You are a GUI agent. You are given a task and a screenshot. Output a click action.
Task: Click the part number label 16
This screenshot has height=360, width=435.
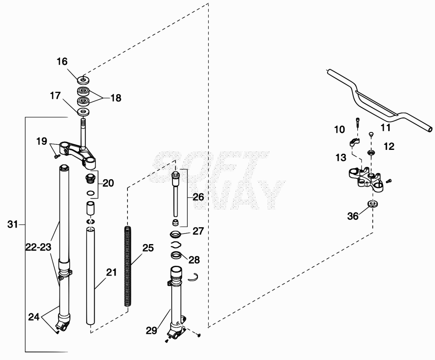62,61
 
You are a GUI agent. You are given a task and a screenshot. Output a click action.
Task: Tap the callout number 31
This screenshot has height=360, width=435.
12,224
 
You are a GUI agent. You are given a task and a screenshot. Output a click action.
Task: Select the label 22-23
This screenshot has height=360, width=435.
39,247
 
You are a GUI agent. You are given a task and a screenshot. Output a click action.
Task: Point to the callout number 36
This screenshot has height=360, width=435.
353,216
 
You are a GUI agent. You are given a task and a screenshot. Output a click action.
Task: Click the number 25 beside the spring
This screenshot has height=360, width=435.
148,247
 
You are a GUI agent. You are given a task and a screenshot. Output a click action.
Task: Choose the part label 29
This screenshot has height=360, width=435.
152,330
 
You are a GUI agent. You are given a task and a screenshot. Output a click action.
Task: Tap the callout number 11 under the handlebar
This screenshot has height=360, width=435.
386,128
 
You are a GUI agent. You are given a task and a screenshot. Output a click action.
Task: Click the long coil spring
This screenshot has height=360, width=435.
127,266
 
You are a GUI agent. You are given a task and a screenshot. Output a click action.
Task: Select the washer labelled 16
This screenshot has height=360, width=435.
83,80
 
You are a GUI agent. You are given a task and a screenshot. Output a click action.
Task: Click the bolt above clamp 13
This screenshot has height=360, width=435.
358,122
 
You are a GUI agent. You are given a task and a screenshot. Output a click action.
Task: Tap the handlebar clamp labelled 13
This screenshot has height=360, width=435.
354,143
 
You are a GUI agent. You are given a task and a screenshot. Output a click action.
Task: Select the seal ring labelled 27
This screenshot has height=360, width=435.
175,234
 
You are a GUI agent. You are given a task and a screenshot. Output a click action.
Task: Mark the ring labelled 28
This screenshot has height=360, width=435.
176,255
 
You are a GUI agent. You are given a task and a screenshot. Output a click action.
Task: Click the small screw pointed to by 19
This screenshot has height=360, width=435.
57,157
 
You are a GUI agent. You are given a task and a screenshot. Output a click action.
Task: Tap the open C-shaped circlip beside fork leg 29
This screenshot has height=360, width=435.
193,277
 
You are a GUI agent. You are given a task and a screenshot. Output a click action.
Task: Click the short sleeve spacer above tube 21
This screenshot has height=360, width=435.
90,208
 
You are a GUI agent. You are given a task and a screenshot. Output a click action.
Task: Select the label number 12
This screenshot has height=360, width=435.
389,146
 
